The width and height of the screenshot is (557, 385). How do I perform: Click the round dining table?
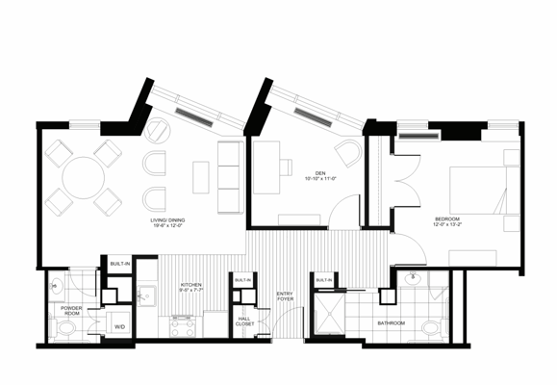[x=85, y=176]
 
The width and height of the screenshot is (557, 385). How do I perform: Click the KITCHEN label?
[x=192, y=285]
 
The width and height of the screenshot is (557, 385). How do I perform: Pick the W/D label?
[x=119, y=327]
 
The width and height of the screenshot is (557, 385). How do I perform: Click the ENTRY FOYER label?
[x=286, y=297]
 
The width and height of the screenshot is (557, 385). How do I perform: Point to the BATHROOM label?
[x=391, y=323]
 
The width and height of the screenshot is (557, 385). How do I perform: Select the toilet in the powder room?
[x=65, y=330]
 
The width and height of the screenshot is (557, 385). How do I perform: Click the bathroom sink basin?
[x=416, y=281]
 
